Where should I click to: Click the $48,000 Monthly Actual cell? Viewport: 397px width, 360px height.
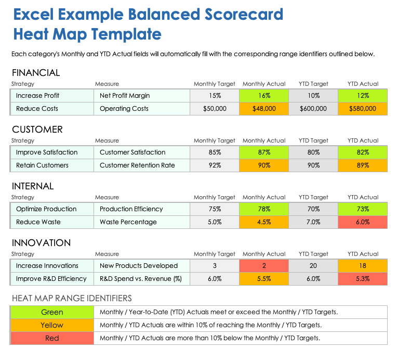264,109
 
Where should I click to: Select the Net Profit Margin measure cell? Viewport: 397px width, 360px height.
141,96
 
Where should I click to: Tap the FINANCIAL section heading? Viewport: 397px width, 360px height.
36,73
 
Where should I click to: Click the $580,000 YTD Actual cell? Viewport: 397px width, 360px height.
362,109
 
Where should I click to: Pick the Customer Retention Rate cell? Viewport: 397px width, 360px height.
141,165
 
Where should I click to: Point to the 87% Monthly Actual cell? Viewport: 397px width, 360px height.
264,152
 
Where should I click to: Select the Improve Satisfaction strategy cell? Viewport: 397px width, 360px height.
51,152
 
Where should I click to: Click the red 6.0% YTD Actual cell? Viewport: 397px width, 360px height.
362,222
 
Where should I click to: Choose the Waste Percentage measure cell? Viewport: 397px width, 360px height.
141,222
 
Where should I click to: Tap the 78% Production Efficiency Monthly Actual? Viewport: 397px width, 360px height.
264,209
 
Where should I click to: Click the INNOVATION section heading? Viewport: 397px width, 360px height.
41,243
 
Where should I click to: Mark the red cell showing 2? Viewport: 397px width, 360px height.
264,266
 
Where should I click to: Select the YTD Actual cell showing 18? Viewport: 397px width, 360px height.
362,266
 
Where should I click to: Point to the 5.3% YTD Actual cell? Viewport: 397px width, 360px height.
362,279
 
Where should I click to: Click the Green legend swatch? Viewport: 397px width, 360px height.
52,312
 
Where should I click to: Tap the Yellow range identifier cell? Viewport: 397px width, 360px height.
52,325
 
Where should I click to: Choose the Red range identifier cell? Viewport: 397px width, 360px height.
52,338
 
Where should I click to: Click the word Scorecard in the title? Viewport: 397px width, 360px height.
240,14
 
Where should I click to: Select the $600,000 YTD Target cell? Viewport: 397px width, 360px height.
313,109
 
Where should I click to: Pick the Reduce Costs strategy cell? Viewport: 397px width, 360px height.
51,109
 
